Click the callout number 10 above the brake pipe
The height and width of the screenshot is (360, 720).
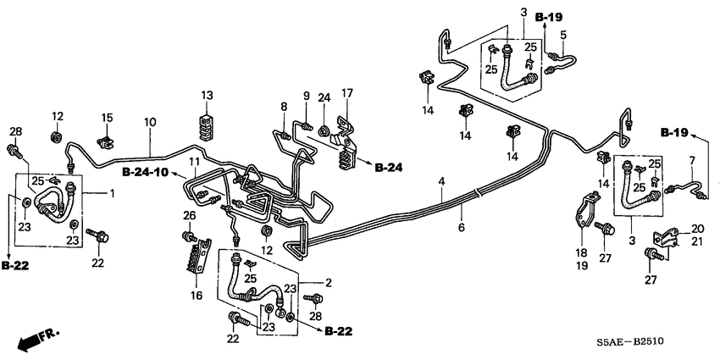point(150,123)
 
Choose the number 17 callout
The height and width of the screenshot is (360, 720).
point(346,93)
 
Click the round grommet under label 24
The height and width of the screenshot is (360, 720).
point(324,130)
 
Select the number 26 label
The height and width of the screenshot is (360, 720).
point(190,216)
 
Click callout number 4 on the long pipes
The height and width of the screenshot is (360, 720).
point(441,181)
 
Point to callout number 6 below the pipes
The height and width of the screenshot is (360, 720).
point(462,228)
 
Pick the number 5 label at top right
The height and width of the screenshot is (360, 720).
point(562,35)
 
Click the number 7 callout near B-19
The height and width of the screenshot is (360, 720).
point(691,161)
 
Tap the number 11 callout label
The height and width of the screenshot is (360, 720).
point(194,161)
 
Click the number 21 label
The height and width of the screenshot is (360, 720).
point(697,242)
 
